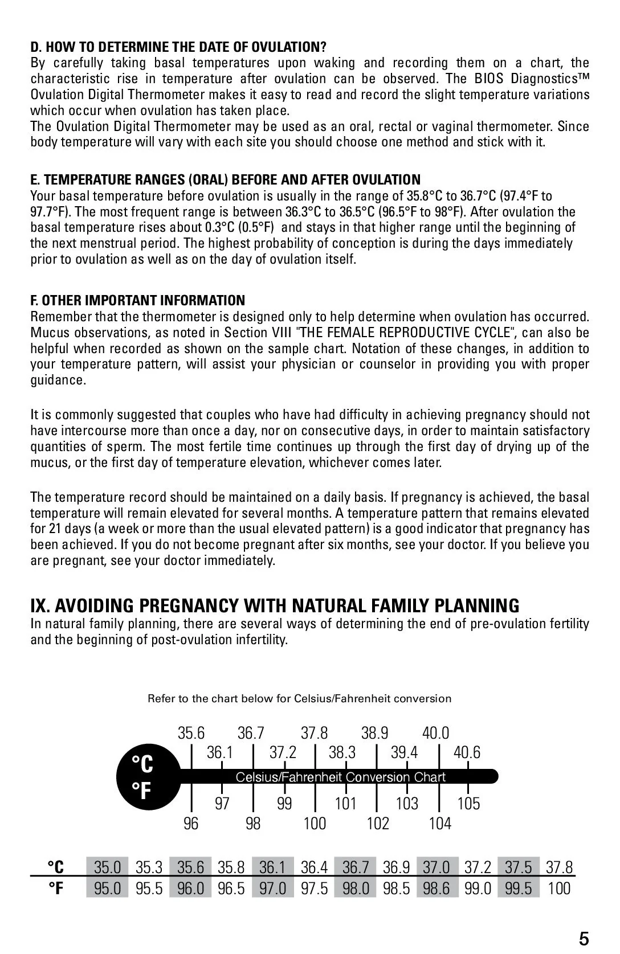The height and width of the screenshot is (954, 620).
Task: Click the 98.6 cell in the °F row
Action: (x=437, y=888)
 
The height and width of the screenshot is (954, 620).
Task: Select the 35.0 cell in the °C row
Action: (x=107, y=867)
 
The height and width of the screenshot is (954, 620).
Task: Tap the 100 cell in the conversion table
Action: (x=559, y=888)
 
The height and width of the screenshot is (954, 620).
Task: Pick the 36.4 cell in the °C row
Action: (x=314, y=867)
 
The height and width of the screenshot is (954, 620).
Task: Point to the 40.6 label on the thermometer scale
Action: (x=467, y=752)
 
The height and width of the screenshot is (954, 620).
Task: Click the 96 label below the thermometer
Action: (x=191, y=823)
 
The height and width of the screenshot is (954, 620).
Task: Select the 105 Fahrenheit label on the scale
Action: (x=468, y=803)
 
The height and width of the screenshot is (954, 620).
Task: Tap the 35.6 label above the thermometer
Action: (x=191, y=733)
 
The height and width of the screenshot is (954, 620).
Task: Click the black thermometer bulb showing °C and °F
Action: (x=146, y=776)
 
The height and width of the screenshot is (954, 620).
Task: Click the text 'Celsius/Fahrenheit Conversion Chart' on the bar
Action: (x=341, y=777)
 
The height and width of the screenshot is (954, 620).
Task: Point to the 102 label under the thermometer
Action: (x=378, y=823)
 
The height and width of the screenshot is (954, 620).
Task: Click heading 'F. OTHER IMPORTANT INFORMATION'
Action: (x=137, y=300)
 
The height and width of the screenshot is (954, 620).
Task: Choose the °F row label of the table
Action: (x=55, y=888)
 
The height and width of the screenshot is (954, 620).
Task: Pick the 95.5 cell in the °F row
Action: (x=149, y=888)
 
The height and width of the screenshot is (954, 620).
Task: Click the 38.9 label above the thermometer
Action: (x=374, y=733)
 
